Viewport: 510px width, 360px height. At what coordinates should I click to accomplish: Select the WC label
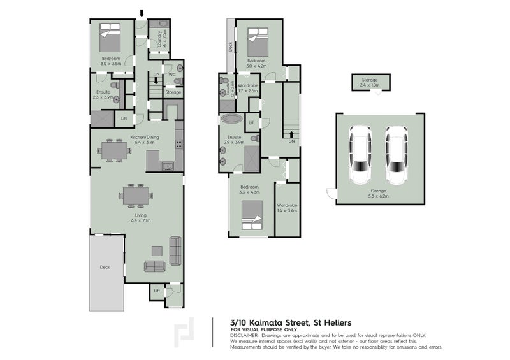(172, 75)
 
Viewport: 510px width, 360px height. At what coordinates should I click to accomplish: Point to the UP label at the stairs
(155, 75)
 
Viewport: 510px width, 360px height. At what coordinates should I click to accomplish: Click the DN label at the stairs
(291, 142)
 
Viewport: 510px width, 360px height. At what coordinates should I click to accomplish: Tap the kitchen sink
(168, 167)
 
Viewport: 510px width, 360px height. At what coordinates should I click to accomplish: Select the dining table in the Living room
(136, 195)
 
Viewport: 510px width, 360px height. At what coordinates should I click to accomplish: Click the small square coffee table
(156, 250)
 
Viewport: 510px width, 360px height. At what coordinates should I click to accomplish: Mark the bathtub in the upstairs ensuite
(230, 120)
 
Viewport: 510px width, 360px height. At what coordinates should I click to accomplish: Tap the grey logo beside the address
(188, 331)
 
